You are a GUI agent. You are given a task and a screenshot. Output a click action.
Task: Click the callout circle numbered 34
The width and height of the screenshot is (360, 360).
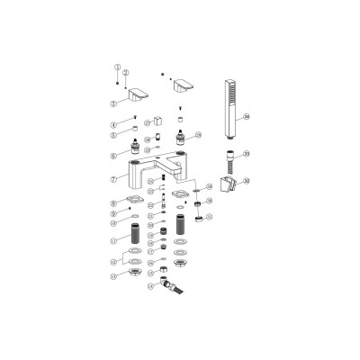[x=247, y=115]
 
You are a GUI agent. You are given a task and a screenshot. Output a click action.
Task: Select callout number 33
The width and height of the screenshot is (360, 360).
[x=246, y=154]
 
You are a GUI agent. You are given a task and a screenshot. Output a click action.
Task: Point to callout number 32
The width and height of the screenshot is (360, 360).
[x=246, y=181]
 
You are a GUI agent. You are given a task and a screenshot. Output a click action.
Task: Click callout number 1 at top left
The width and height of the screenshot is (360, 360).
[x=115, y=68]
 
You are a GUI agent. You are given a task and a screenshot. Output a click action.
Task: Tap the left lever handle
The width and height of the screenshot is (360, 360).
[x=139, y=96]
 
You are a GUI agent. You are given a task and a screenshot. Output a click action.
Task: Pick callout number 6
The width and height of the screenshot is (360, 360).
[x=114, y=155]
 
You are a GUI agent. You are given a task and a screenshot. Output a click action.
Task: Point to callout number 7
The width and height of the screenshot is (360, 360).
[x=114, y=178]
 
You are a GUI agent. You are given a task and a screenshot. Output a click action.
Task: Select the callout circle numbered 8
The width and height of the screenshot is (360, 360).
[x=114, y=202]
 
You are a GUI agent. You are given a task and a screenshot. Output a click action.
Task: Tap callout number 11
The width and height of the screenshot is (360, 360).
[x=114, y=242]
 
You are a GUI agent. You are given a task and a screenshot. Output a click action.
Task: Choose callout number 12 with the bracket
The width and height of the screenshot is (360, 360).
[x=114, y=264]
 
